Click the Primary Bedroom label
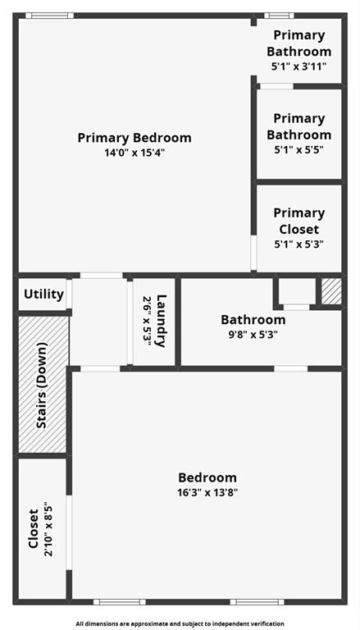(134, 138)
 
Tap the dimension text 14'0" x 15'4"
(134, 153)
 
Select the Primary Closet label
(298, 221)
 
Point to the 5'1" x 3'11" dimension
(298, 66)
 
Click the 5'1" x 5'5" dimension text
(298, 150)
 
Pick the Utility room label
(43, 294)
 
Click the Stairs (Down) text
(41, 385)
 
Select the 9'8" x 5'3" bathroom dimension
(253, 334)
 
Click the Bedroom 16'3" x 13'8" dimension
(208, 492)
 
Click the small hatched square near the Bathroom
(330, 292)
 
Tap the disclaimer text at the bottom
(180, 623)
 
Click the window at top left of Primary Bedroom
(48, 15)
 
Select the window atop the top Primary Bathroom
(279, 15)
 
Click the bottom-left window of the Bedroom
(119, 602)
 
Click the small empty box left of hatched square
(296, 291)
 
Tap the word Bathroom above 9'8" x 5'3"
(253, 320)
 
